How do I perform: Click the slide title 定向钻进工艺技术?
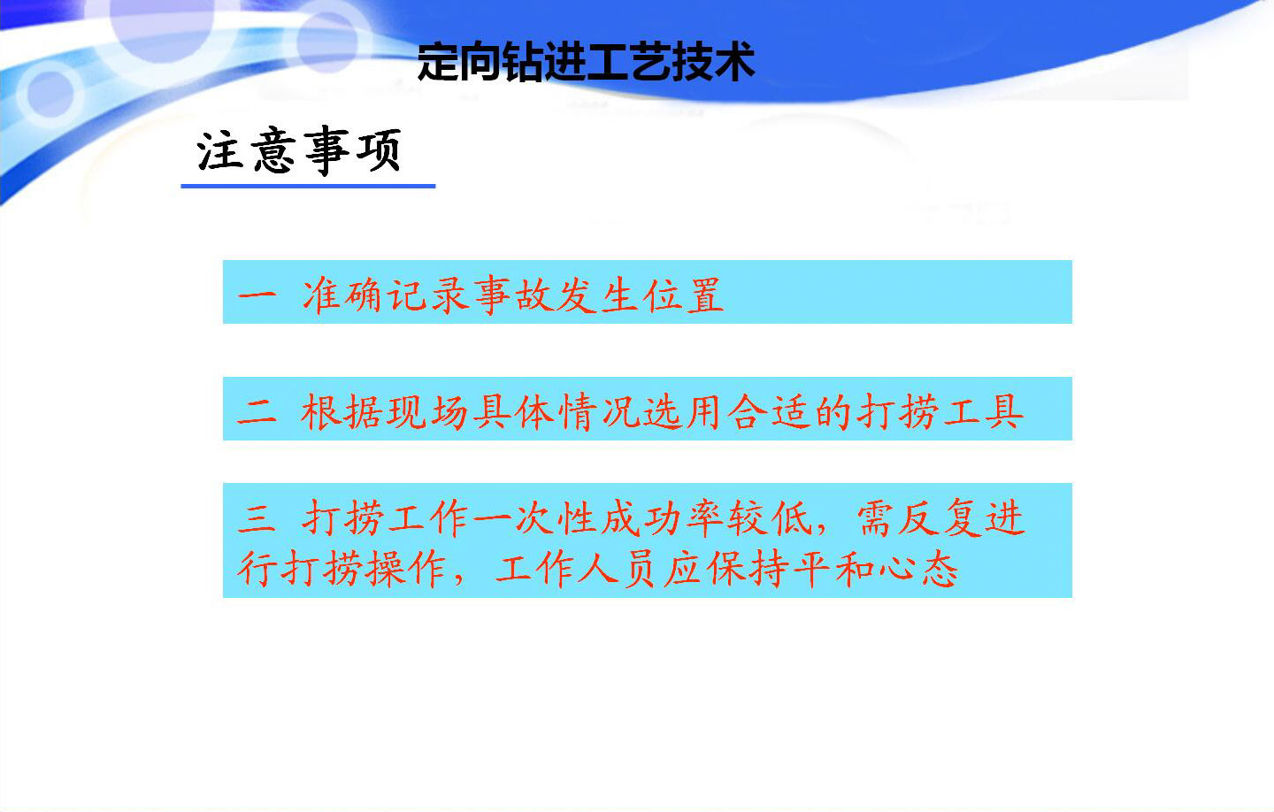(x=586, y=61)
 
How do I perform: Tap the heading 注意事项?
(x=299, y=150)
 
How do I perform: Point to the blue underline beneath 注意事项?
(x=308, y=186)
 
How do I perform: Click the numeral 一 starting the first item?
(x=257, y=295)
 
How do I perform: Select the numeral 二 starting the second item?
(x=257, y=412)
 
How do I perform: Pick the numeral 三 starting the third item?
(x=257, y=518)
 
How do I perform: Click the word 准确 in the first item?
(x=342, y=295)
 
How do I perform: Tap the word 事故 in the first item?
(x=513, y=295)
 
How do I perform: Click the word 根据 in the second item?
(x=342, y=412)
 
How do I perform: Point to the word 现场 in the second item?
(x=427, y=412)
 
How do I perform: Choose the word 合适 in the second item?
(x=770, y=412)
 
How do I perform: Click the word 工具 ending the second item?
(x=984, y=412)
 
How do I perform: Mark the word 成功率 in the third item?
(x=663, y=518)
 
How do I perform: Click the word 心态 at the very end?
(x=918, y=570)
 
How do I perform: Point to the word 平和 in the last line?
(x=833, y=570)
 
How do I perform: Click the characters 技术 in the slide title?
(x=713, y=61)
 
